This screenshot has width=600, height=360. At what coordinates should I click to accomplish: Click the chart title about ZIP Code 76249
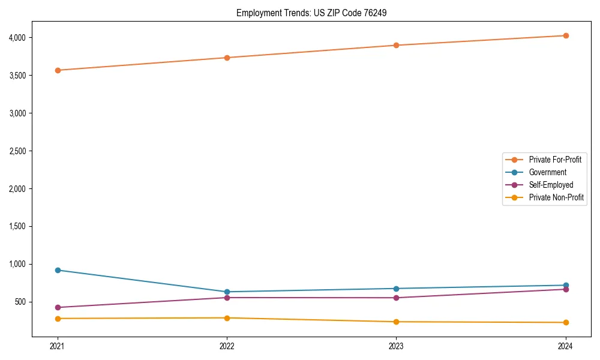tap(315, 13)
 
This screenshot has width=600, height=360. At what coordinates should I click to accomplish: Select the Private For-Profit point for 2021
tap(58, 70)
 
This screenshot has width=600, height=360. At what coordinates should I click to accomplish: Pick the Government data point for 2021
tap(58, 270)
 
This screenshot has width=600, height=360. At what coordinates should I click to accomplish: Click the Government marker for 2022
tap(227, 292)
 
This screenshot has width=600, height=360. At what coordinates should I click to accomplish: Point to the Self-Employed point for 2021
tap(58, 307)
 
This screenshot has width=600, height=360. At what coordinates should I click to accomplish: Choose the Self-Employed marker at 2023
tap(396, 298)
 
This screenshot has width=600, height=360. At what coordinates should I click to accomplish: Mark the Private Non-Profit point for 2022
tap(227, 318)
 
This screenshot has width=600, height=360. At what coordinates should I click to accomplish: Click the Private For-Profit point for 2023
tap(396, 45)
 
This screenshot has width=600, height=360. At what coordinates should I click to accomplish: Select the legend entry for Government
tap(547, 172)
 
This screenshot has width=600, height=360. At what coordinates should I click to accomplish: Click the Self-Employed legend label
tap(551, 185)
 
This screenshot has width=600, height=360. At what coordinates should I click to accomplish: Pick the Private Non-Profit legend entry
tap(556, 197)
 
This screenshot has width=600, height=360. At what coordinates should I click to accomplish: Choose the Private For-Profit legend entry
tap(555, 160)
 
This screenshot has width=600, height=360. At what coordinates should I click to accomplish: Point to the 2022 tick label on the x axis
tap(227, 346)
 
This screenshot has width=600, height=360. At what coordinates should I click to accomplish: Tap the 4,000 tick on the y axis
tap(17, 38)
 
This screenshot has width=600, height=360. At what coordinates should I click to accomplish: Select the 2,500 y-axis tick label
tap(17, 151)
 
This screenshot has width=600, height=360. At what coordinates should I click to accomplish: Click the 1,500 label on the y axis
tap(17, 226)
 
